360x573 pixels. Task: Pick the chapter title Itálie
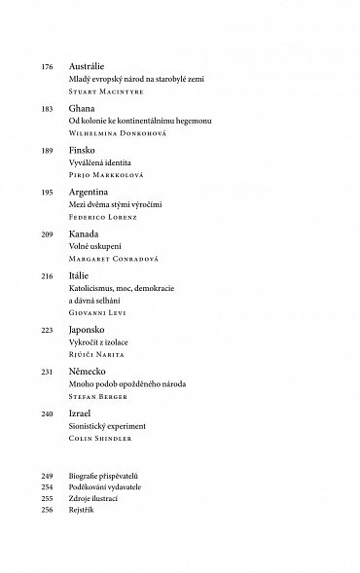pyautogui.click(x=80, y=278)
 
